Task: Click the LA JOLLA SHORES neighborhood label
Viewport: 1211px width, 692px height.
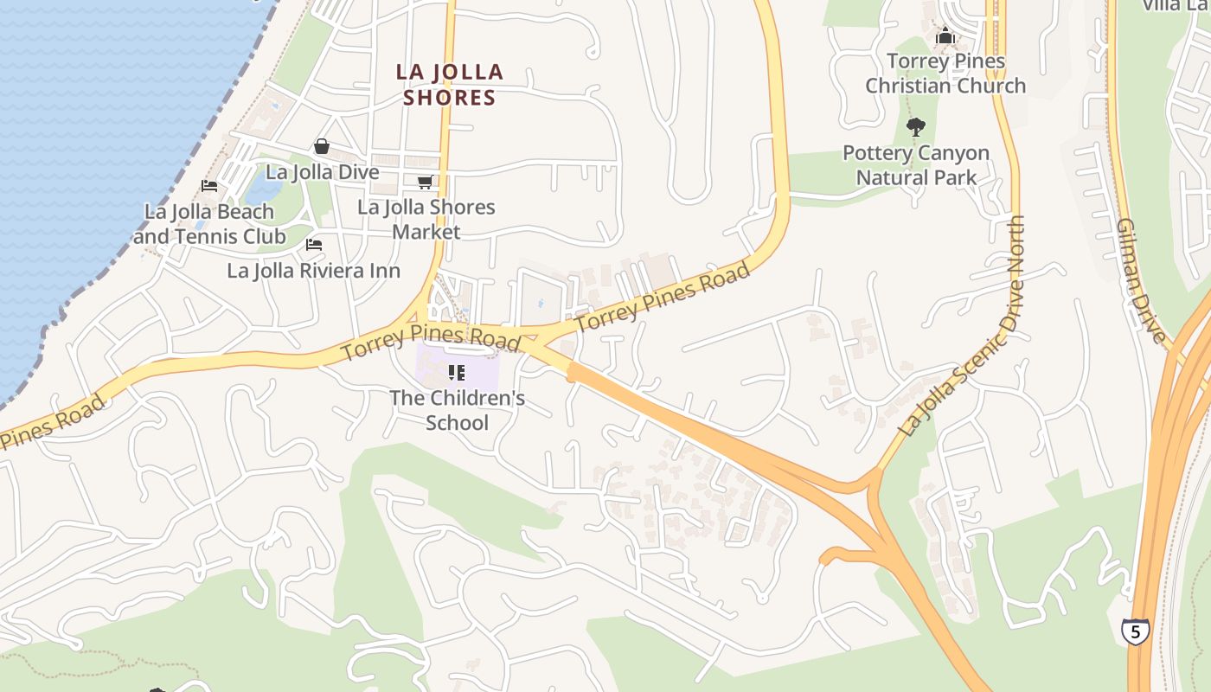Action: (x=450, y=85)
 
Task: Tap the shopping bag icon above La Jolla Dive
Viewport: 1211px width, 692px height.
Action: (x=322, y=146)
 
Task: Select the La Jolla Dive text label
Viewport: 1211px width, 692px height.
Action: (x=322, y=172)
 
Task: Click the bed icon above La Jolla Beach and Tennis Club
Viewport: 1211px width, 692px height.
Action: (x=208, y=185)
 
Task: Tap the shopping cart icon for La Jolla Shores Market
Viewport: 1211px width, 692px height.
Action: (x=425, y=182)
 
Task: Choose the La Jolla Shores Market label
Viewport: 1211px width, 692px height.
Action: (x=426, y=220)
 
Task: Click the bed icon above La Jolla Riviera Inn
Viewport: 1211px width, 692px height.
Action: (x=314, y=245)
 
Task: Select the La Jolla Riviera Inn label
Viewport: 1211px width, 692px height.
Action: (x=313, y=271)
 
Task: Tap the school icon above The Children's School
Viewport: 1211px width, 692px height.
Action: (x=457, y=373)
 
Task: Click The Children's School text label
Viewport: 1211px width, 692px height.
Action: (x=457, y=411)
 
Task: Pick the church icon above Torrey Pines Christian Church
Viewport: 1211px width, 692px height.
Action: (x=945, y=36)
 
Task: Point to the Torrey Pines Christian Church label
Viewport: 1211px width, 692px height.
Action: (x=945, y=74)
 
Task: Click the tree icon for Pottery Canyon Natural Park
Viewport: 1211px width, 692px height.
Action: (x=915, y=128)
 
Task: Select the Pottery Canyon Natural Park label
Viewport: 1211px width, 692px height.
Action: (x=916, y=165)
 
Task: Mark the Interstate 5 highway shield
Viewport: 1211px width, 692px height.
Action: (x=1135, y=631)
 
